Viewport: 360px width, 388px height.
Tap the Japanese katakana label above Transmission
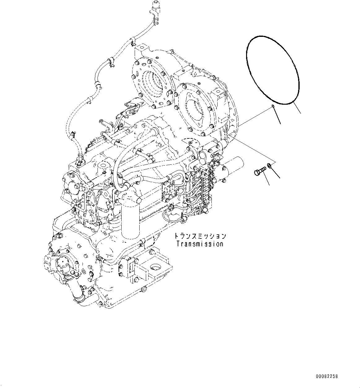[x=200, y=236]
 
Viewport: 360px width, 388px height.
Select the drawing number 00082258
[x=327, y=376]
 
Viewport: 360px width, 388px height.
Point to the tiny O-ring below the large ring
[x=273, y=107]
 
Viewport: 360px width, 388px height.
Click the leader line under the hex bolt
[x=265, y=180]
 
